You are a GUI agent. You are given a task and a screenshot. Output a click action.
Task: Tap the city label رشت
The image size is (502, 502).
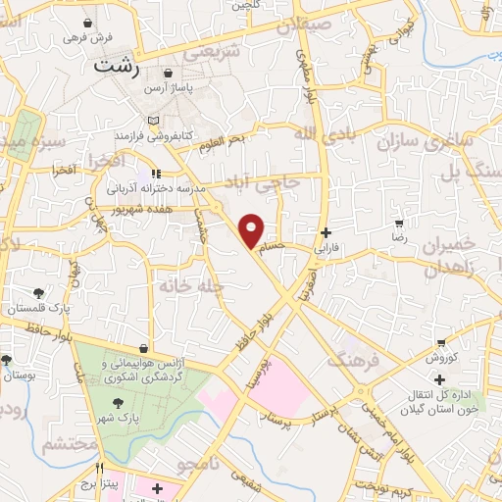tap(115, 68)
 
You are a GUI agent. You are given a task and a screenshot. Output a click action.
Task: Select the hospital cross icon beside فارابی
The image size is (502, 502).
tap(326, 233)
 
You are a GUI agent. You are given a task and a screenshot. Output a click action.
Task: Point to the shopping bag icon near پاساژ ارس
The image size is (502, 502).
tap(168, 74)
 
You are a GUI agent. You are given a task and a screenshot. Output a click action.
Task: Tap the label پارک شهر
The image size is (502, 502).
tap(117, 418)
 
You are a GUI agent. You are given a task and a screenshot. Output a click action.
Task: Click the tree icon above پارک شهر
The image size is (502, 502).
tap(118, 402)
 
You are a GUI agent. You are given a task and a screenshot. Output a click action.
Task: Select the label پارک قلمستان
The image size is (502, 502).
tap(38, 309)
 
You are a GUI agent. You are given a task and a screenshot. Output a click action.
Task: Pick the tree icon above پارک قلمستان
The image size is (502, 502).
tap(38, 293)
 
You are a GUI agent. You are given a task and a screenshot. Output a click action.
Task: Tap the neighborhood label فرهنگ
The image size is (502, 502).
tap(350, 362)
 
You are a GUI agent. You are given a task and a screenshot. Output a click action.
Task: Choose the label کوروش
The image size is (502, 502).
tap(440, 360)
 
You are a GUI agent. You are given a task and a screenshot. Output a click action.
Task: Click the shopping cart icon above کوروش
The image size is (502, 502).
tap(441, 343)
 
